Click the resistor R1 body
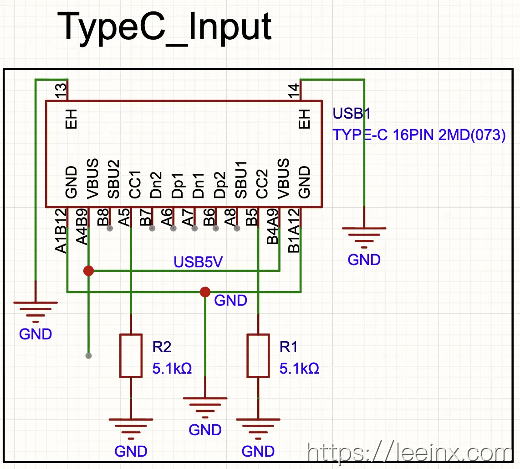(x=258, y=356)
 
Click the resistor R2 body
(x=131, y=356)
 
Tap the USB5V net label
(x=198, y=262)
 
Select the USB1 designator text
(x=352, y=113)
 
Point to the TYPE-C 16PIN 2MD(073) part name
(x=419, y=135)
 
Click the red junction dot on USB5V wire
(x=88, y=271)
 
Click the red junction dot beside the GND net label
(x=205, y=292)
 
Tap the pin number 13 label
(x=61, y=91)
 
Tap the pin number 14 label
(x=294, y=91)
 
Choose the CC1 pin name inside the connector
(x=135, y=185)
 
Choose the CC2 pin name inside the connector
(x=262, y=184)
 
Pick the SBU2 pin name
(x=114, y=179)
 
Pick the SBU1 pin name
(x=241, y=180)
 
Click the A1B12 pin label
(x=61, y=231)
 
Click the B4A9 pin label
(x=273, y=226)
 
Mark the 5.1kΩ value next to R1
(x=299, y=369)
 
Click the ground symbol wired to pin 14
(x=364, y=238)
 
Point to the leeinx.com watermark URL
(x=410, y=452)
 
